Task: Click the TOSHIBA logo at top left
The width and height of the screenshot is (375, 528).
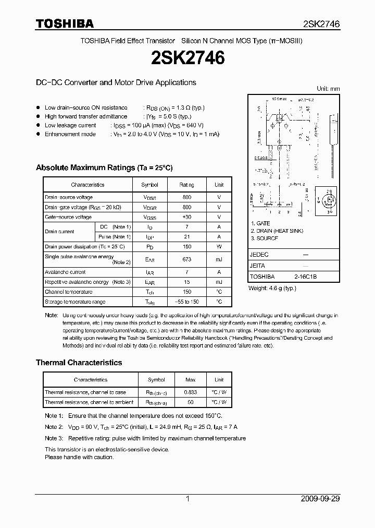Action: (x=65, y=23)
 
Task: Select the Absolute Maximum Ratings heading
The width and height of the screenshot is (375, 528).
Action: (x=104, y=167)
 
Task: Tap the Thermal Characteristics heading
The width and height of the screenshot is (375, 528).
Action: (x=79, y=362)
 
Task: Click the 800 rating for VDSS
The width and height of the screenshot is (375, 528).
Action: (x=187, y=197)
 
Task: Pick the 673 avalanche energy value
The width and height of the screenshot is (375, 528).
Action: (x=187, y=259)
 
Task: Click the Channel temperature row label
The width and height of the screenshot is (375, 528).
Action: (x=68, y=292)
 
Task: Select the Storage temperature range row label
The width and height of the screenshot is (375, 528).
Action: (x=75, y=302)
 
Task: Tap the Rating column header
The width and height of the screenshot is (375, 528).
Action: (x=187, y=185)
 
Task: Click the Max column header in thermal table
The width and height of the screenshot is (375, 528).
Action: (x=190, y=380)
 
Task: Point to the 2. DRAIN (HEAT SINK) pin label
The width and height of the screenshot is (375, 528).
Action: (x=277, y=231)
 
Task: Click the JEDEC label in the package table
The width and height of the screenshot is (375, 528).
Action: (x=259, y=255)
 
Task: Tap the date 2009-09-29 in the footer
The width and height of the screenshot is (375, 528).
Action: (x=320, y=499)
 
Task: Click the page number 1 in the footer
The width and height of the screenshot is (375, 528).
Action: (x=187, y=499)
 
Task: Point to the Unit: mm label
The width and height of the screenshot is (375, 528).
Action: (x=328, y=89)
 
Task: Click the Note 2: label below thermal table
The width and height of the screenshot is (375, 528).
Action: (x=54, y=427)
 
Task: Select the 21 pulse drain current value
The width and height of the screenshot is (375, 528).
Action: (x=187, y=236)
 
